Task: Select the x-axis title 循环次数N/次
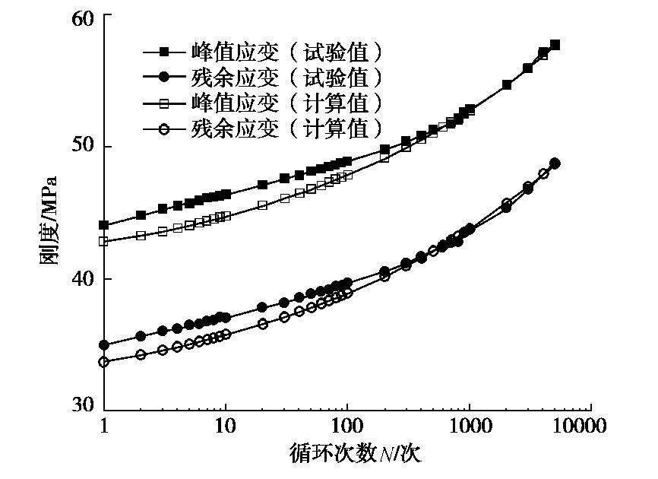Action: (355, 454)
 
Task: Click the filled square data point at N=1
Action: (104, 225)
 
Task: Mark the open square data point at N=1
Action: (104, 242)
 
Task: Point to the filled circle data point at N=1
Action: (104, 345)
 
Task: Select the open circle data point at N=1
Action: (104, 362)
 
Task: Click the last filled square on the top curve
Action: (555, 45)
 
